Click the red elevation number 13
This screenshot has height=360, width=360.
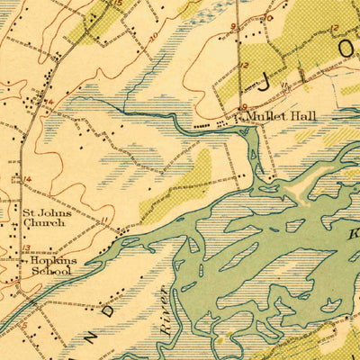[25, 247]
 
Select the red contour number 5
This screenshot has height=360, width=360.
[28, 326]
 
